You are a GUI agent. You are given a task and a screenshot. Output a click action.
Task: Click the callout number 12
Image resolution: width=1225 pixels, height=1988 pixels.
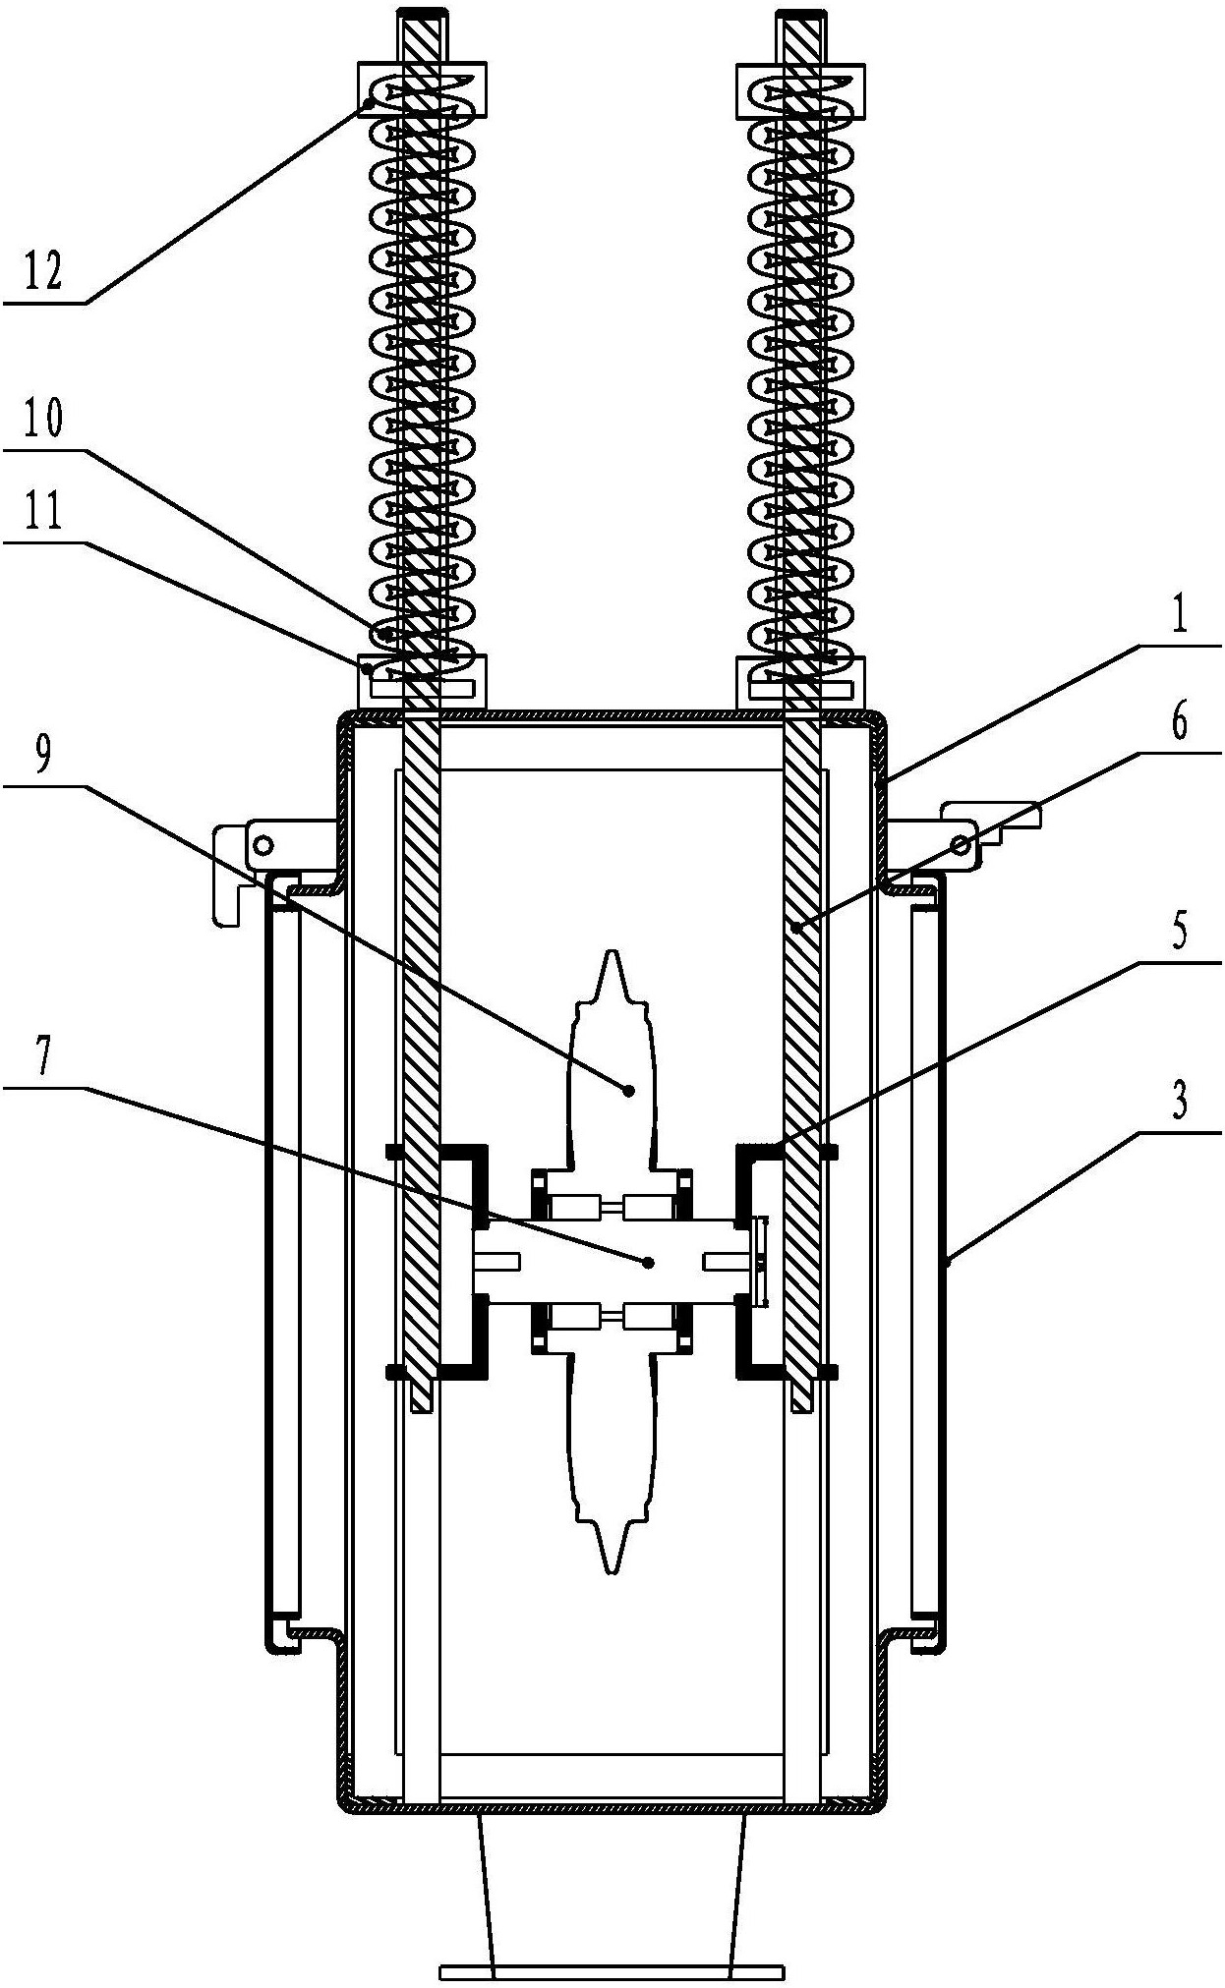(42, 270)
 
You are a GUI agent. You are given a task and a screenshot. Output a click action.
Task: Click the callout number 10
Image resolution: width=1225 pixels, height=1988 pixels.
(42, 419)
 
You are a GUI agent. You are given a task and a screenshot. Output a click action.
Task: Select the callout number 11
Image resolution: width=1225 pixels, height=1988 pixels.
(42, 511)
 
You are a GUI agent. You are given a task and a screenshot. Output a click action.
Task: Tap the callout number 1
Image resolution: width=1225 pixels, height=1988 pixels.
(1180, 617)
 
